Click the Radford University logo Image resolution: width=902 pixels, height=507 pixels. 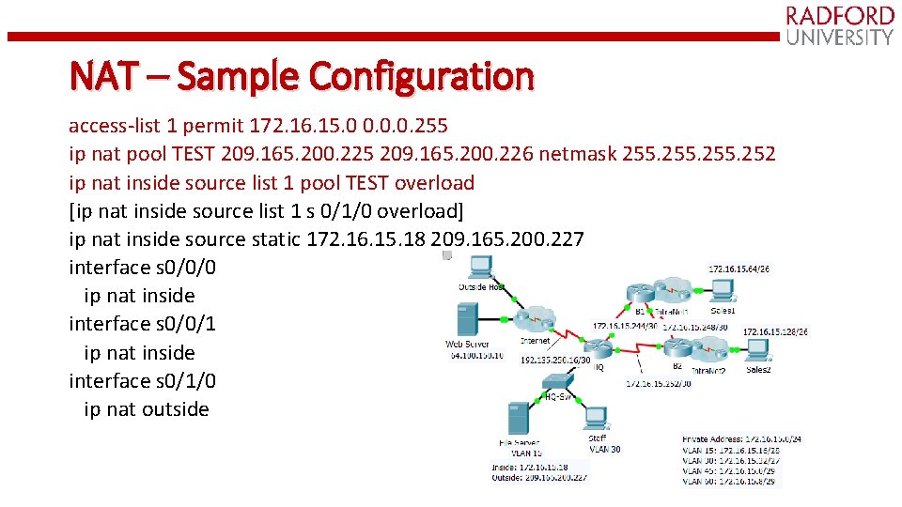839,25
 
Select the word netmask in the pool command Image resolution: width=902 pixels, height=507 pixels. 570,153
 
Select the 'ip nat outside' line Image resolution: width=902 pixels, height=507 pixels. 146,409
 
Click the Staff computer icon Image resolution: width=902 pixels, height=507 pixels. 596,417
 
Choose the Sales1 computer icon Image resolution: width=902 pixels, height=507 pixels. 723,291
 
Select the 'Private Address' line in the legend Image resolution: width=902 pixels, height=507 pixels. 741,438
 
